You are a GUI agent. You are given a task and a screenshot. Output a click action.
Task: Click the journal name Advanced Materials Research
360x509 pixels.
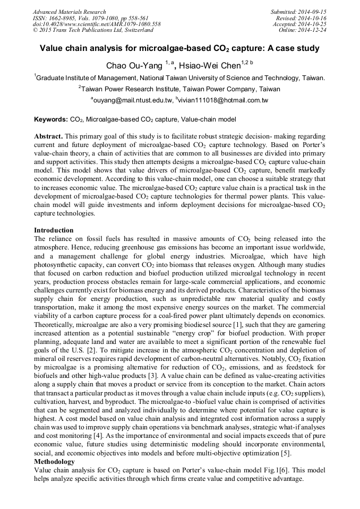point(70,12)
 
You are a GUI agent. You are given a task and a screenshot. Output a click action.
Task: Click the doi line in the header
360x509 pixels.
point(97,24)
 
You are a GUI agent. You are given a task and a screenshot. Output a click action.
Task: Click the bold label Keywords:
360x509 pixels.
point(50,120)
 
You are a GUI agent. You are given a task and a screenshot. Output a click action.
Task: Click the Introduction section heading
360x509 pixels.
point(54,230)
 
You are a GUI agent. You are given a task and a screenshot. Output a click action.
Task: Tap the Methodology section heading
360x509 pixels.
point(54,462)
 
